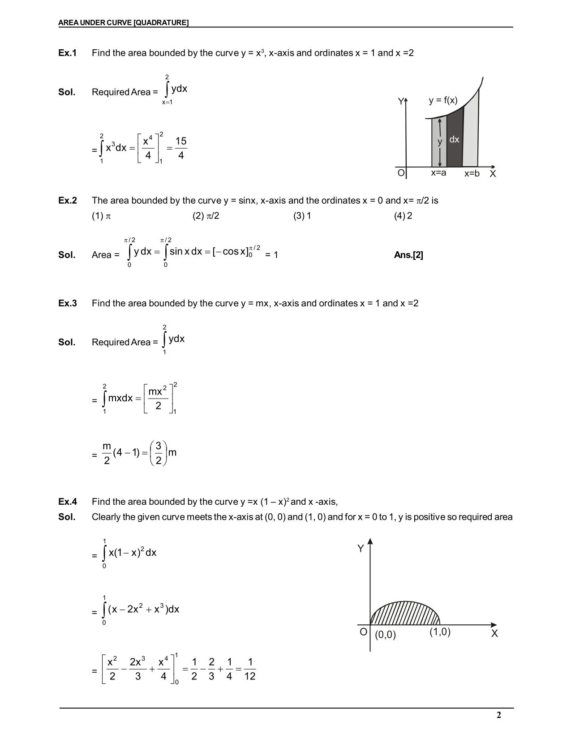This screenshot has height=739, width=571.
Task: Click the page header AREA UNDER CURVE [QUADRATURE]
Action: (123, 22)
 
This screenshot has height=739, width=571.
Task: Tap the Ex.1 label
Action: (68, 53)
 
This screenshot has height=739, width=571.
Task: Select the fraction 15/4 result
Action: (180, 148)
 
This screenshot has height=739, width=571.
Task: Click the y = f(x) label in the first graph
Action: (443, 100)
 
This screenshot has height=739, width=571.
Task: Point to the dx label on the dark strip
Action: (454, 140)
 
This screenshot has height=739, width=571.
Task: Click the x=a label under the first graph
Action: (438, 173)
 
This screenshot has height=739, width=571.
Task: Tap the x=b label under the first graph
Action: (472, 173)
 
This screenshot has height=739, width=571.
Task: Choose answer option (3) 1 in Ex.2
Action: (302, 216)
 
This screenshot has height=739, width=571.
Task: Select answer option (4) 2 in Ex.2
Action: (403, 216)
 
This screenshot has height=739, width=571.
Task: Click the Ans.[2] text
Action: (408, 255)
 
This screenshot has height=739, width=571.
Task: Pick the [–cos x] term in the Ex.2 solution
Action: (231, 252)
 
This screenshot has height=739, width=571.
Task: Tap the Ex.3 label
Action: (68, 303)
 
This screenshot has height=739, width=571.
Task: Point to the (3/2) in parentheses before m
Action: (158, 453)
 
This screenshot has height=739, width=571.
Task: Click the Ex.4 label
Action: (68, 502)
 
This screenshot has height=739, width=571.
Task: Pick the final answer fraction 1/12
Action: (250, 669)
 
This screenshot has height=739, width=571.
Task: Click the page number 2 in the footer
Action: (499, 715)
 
